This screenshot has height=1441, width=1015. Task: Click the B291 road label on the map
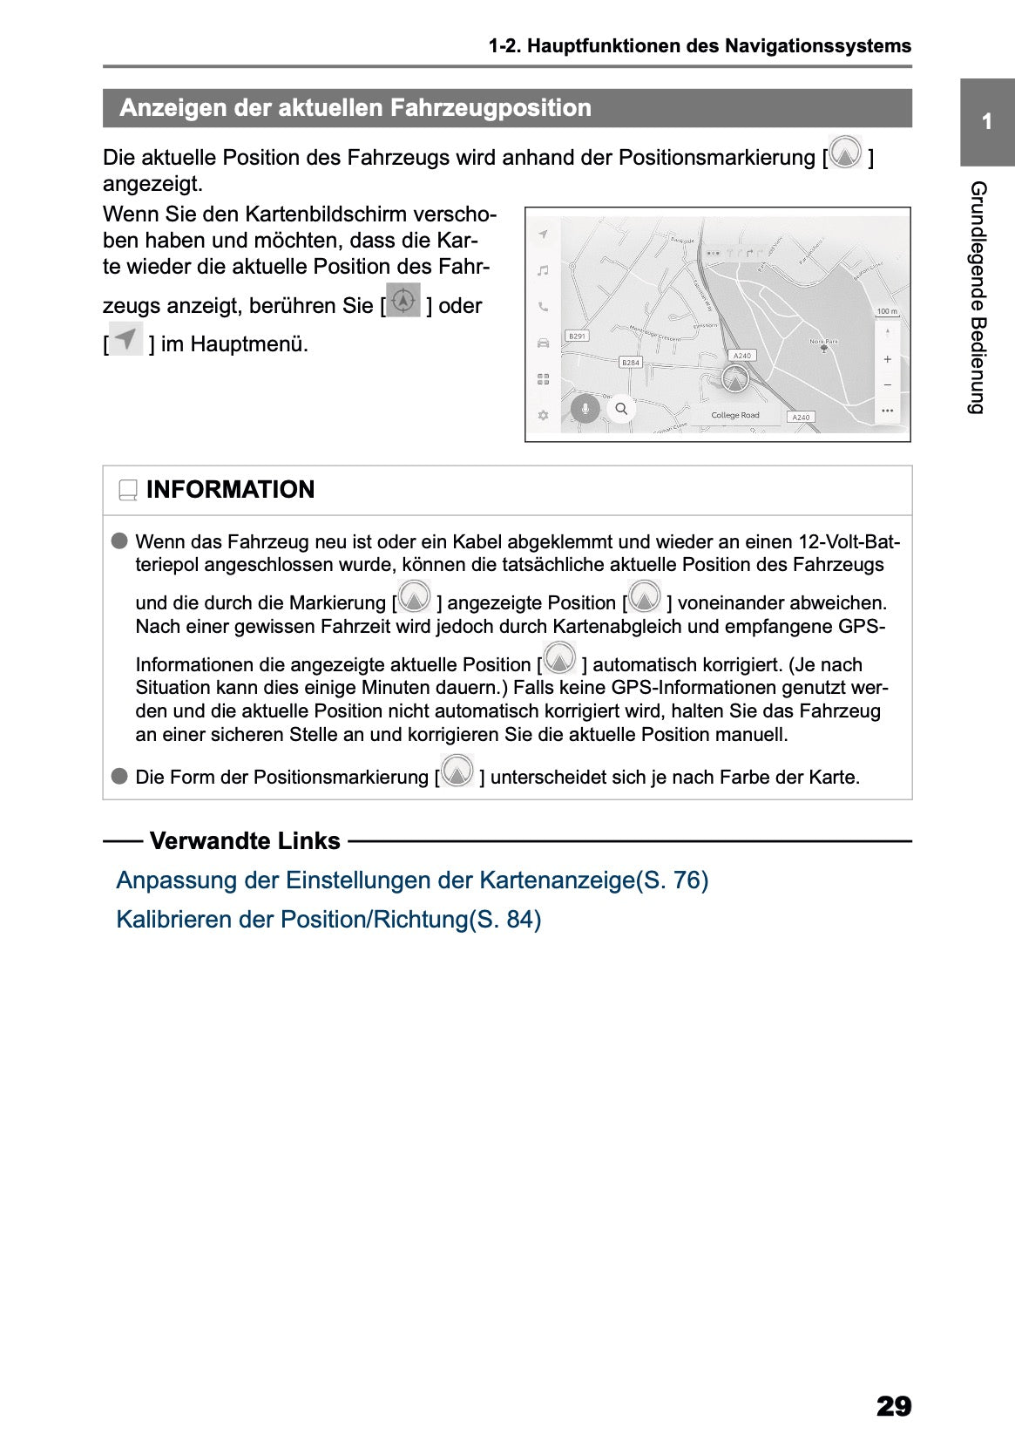[x=577, y=336]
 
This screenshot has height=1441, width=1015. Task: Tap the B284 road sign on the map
[x=630, y=362]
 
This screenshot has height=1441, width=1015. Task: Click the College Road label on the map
[x=734, y=415]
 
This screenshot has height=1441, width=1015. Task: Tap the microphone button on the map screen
[x=585, y=408]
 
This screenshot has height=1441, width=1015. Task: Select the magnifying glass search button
[x=621, y=408]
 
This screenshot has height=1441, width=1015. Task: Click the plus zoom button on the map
[x=887, y=359]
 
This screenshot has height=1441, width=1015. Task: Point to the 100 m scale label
[x=886, y=311]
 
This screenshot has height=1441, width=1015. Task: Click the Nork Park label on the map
[x=823, y=342]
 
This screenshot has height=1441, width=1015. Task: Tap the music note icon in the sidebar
[x=543, y=270]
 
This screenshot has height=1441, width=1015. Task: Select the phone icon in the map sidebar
[x=543, y=307]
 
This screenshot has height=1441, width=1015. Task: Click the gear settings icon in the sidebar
[x=543, y=415]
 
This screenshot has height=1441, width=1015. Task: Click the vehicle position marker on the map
[x=735, y=379]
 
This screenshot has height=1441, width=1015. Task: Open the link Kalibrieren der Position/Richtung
[x=328, y=920]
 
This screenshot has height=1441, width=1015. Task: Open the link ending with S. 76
[x=412, y=880]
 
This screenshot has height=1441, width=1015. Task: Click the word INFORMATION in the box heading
[x=230, y=490]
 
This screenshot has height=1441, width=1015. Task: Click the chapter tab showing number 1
[x=986, y=122]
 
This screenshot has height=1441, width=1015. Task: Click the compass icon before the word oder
[x=403, y=301]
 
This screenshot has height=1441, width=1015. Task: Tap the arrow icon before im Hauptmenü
[x=127, y=338]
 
